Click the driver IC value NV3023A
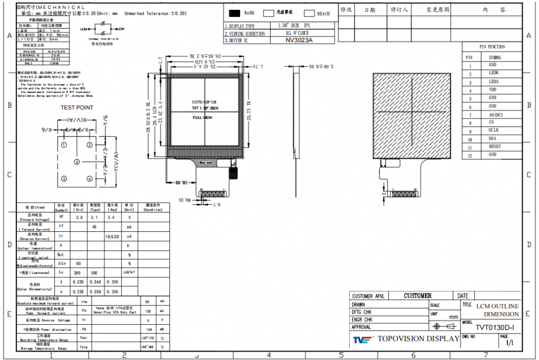click(299, 40)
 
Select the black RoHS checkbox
click(235, 13)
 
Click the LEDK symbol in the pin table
click(494, 73)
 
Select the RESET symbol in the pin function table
click(494, 146)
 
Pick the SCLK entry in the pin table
click(494, 130)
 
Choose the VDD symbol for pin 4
click(494, 90)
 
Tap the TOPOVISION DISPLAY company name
click(418, 339)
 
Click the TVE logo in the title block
click(362, 339)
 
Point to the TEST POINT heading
click(77, 108)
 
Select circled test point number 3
click(76, 162)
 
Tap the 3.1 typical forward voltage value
click(94, 217)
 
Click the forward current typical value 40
click(94, 227)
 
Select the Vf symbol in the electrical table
click(61, 217)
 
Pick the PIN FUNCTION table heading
click(492, 47)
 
